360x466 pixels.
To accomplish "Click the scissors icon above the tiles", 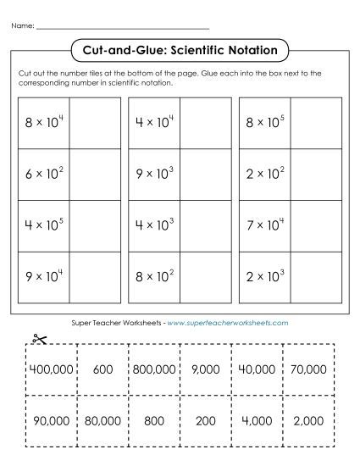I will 37,339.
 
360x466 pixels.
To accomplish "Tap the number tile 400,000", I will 51,369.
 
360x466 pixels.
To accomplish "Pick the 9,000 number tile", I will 205,369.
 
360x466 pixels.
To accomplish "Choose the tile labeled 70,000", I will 307,369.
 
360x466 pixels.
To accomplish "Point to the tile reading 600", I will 102,369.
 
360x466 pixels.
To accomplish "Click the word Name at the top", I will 23,26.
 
